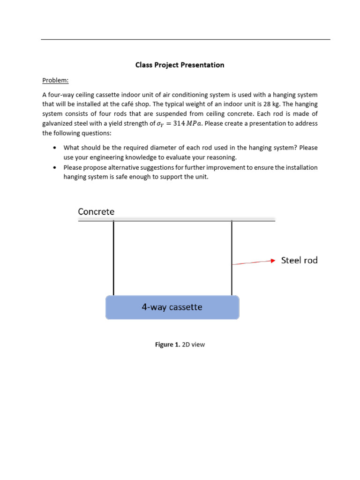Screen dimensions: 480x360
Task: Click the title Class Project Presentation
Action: (x=180, y=65)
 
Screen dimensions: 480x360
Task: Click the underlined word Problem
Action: (x=55, y=80)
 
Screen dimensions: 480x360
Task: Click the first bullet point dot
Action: (x=55, y=147)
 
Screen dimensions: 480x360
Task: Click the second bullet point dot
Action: (x=55, y=167)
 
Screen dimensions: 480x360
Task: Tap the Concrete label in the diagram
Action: (x=96, y=212)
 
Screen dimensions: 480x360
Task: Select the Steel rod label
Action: (x=299, y=260)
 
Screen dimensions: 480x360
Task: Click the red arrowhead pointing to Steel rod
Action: (x=271, y=261)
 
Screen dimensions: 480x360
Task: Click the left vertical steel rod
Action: (x=113, y=258)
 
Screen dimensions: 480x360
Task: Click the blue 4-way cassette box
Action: (x=172, y=307)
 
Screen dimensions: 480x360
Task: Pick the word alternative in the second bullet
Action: (x=114, y=167)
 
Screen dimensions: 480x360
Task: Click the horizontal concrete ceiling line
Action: (x=176, y=220)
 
